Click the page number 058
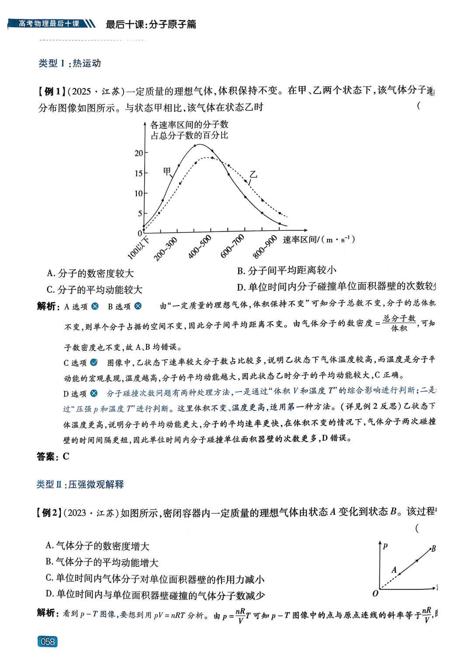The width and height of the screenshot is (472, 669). click(48, 641)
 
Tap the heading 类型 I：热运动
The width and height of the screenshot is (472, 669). click(70, 63)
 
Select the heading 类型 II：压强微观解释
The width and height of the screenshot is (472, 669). click(80, 484)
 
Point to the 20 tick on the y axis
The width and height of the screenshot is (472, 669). click(139, 153)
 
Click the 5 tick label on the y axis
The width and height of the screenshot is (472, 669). click(140, 213)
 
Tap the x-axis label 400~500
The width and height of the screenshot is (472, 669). click(199, 246)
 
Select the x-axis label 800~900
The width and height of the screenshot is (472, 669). click(265, 247)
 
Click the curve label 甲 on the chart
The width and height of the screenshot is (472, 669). click(167, 171)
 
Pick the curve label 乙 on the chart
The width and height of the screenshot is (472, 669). click(253, 175)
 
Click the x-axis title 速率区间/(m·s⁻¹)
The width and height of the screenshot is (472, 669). click(319, 239)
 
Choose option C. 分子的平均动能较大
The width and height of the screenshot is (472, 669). click(94, 290)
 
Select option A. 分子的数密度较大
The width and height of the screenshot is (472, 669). click(90, 274)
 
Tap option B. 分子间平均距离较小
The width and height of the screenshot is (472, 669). click(287, 271)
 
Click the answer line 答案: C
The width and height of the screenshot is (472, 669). click(53, 457)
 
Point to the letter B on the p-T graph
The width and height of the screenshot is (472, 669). click(433, 548)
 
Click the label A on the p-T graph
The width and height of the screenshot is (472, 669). click(394, 570)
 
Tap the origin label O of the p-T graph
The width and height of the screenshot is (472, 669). click(375, 593)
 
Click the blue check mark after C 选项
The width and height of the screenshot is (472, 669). click(94, 363)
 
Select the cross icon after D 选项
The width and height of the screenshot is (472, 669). click(94, 394)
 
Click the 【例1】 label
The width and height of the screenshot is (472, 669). click(52, 91)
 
